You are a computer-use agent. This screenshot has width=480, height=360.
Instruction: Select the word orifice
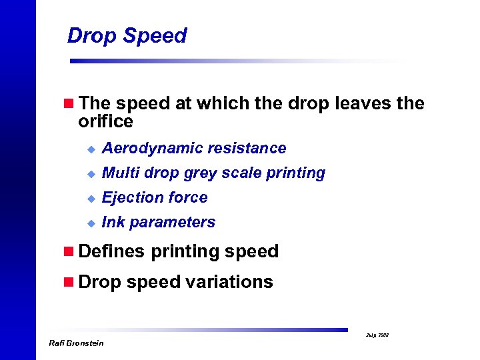tap(105, 121)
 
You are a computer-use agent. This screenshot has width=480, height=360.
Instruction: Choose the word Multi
tap(119, 173)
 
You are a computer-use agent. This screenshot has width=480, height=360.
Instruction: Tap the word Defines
tap(111, 251)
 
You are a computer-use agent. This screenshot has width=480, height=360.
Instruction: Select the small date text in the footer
tap(378, 335)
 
